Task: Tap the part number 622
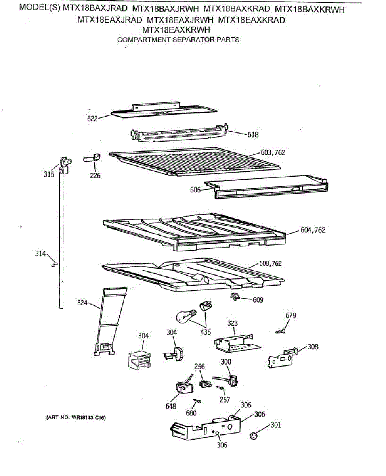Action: click(92, 118)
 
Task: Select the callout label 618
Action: click(253, 134)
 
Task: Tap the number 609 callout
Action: click(258, 299)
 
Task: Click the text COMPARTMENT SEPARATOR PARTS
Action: click(178, 40)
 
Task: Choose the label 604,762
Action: click(313, 230)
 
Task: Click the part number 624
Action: click(82, 304)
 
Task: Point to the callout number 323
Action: click(233, 323)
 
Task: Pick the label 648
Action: click(171, 406)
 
